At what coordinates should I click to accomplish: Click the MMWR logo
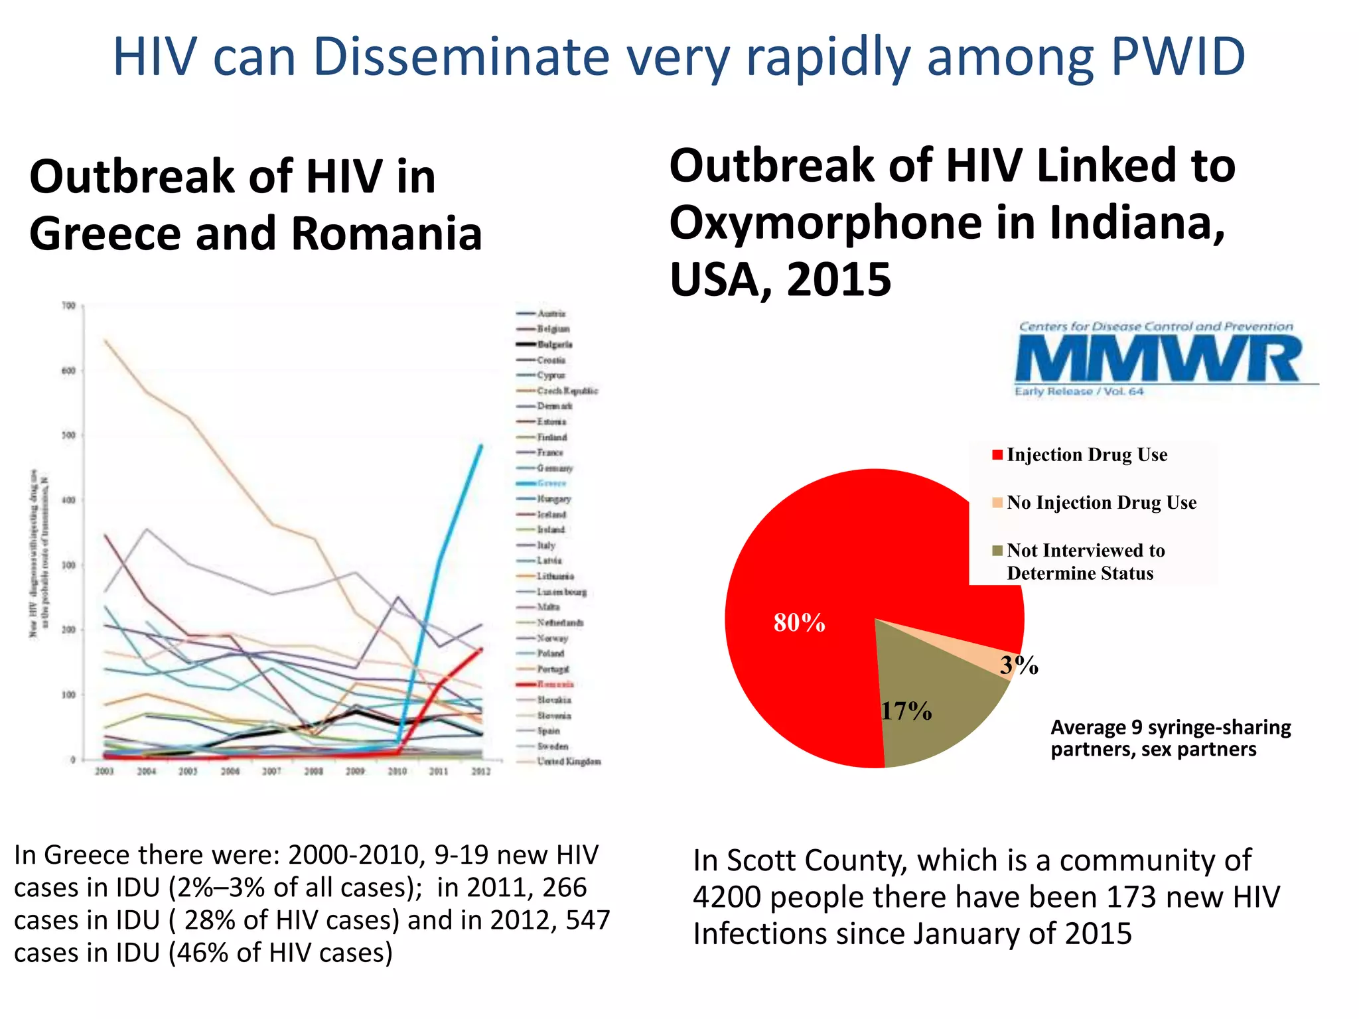(1158, 359)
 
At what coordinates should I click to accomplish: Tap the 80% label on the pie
(799, 623)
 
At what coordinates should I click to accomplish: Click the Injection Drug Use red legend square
(997, 455)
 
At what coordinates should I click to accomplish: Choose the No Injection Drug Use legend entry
(1101, 503)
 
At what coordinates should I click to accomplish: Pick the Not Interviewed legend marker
(997, 551)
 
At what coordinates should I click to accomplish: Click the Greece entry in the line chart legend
(551, 483)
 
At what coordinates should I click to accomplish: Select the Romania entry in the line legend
(555, 684)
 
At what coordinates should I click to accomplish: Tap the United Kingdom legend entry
(568, 762)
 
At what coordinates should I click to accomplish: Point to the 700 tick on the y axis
(68, 306)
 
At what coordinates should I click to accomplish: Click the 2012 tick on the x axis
(481, 772)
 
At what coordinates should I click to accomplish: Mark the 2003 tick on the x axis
(105, 772)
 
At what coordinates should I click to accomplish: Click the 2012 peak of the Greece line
(481, 446)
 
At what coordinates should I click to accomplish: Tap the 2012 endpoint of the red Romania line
(481, 649)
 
